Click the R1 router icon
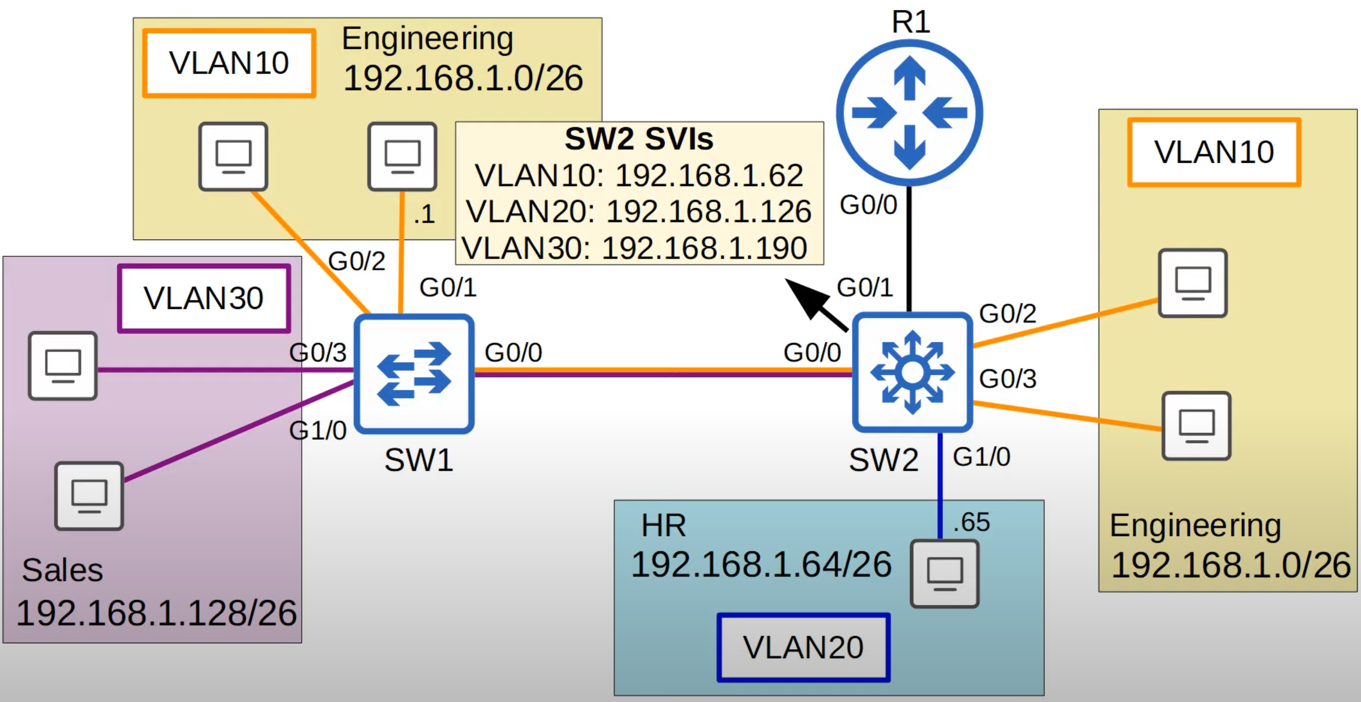(x=909, y=112)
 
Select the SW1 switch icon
(x=414, y=373)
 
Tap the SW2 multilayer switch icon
(x=912, y=372)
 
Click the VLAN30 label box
(x=204, y=298)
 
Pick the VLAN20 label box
(x=804, y=647)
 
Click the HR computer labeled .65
(x=945, y=574)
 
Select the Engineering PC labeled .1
(x=402, y=156)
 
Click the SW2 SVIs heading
(x=639, y=139)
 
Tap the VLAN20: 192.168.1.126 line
(x=639, y=212)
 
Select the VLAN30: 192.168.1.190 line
(x=634, y=248)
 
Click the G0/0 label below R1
(x=868, y=205)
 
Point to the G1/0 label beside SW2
(x=981, y=457)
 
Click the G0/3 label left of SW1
(x=317, y=353)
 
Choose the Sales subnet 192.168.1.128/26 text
(x=156, y=613)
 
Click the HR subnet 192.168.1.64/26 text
(x=761, y=564)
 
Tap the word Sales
(x=62, y=570)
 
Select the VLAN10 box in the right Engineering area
(x=1214, y=152)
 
